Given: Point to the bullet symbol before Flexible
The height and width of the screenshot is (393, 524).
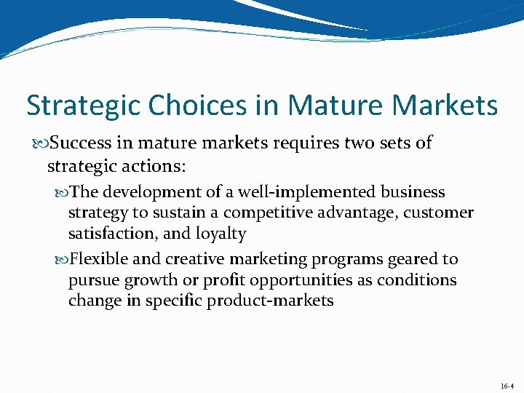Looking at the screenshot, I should click(x=62, y=259).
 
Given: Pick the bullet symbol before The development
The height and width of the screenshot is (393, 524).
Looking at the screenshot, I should click(x=62, y=192).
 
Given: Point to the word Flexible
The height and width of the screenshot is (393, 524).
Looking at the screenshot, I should click(x=99, y=259).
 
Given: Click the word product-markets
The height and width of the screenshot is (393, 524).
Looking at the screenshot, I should click(x=271, y=301).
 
